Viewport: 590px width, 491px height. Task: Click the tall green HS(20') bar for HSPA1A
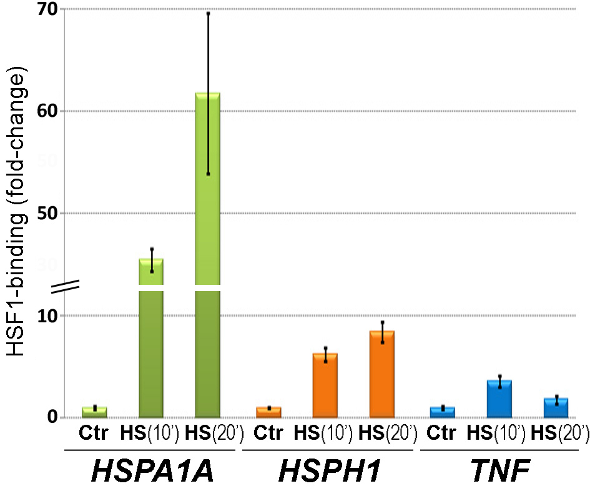[208, 255]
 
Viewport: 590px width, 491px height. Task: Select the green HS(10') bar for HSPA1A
[151, 338]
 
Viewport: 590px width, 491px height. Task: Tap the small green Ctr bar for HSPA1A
[94, 412]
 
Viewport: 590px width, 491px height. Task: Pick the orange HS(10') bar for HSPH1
[325, 385]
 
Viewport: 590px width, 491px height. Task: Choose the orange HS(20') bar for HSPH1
[382, 374]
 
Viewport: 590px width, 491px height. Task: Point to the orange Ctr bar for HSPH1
[268, 412]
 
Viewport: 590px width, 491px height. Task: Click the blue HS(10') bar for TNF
[499, 399]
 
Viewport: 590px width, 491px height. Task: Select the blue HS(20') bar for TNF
[556, 408]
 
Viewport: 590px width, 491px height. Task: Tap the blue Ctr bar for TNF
[443, 412]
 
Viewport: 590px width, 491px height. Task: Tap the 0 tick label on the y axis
[53, 417]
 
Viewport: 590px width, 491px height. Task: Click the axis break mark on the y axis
[65, 287]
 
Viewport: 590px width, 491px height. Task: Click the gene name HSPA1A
[152, 470]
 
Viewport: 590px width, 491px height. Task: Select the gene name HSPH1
[330, 470]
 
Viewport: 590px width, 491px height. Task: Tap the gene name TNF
[501, 470]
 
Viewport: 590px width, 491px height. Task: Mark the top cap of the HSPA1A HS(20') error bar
[208, 14]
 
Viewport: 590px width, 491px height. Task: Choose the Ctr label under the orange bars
[268, 433]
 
